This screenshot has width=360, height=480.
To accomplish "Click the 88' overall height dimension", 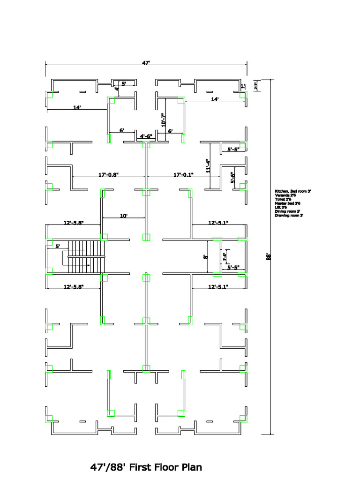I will tap(269, 256).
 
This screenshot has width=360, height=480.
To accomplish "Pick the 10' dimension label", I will tap(124, 216).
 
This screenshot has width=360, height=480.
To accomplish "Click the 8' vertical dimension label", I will tap(205, 256).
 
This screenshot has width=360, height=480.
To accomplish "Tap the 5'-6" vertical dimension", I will tap(232, 177).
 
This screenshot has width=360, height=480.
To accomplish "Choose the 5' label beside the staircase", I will tap(58, 246).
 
